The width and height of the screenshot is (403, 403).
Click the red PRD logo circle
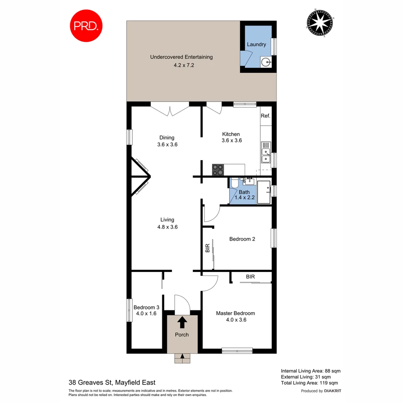coord(86,26)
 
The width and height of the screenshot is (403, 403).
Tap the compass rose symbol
coord(319,23)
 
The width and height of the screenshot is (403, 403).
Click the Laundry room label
coord(256,44)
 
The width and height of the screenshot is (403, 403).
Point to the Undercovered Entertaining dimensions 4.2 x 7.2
coord(181,65)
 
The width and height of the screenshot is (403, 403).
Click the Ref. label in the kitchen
coord(265,116)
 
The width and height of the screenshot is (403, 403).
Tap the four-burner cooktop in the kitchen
coord(218,170)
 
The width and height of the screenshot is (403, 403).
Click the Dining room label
coord(167,137)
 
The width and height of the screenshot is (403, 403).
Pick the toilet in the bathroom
coord(235,183)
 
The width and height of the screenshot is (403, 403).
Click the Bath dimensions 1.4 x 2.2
coord(244,198)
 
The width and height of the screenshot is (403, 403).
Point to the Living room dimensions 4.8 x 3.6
coord(167,227)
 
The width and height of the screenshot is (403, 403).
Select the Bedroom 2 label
coord(242,239)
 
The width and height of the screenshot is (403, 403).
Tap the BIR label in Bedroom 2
coord(207,249)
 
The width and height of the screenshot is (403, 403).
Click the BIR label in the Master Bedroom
coord(250,277)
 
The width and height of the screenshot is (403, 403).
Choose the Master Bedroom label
coord(235,313)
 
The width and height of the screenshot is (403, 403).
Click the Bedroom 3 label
coord(146,307)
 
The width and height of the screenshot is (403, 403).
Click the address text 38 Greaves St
coord(90,382)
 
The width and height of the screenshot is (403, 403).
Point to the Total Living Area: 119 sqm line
coord(309,383)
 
